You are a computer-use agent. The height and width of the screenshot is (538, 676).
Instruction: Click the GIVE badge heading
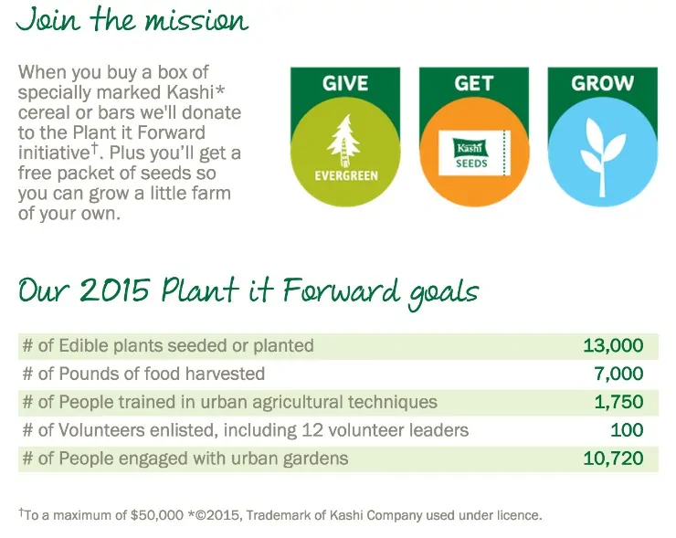(x=345, y=83)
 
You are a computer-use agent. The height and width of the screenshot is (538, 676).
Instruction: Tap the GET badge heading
(x=473, y=83)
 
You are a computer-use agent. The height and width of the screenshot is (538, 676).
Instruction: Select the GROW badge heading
(x=602, y=83)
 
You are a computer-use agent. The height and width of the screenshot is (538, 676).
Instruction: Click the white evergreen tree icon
(x=344, y=141)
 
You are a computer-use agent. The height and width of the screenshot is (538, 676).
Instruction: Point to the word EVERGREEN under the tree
(x=346, y=176)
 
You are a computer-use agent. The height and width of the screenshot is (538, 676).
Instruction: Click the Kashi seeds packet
(x=474, y=153)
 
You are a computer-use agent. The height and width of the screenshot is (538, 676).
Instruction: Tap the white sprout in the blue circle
(x=602, y=156)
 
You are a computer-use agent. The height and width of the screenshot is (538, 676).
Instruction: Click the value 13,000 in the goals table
(x=613, y=346)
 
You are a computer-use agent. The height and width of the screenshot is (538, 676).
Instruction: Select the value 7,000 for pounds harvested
(x=618, y=374)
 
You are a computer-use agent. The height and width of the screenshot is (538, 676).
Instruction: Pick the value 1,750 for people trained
(x=618, y=402)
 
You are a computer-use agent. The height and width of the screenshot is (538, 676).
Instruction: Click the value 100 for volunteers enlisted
(x=627, y=430)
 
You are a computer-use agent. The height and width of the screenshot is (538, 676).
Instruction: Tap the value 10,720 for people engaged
(x=613, y=459)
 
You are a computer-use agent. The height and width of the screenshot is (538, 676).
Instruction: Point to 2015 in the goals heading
(x=115, y=290)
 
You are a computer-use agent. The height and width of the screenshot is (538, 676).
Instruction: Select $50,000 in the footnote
(x=157, y=515)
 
